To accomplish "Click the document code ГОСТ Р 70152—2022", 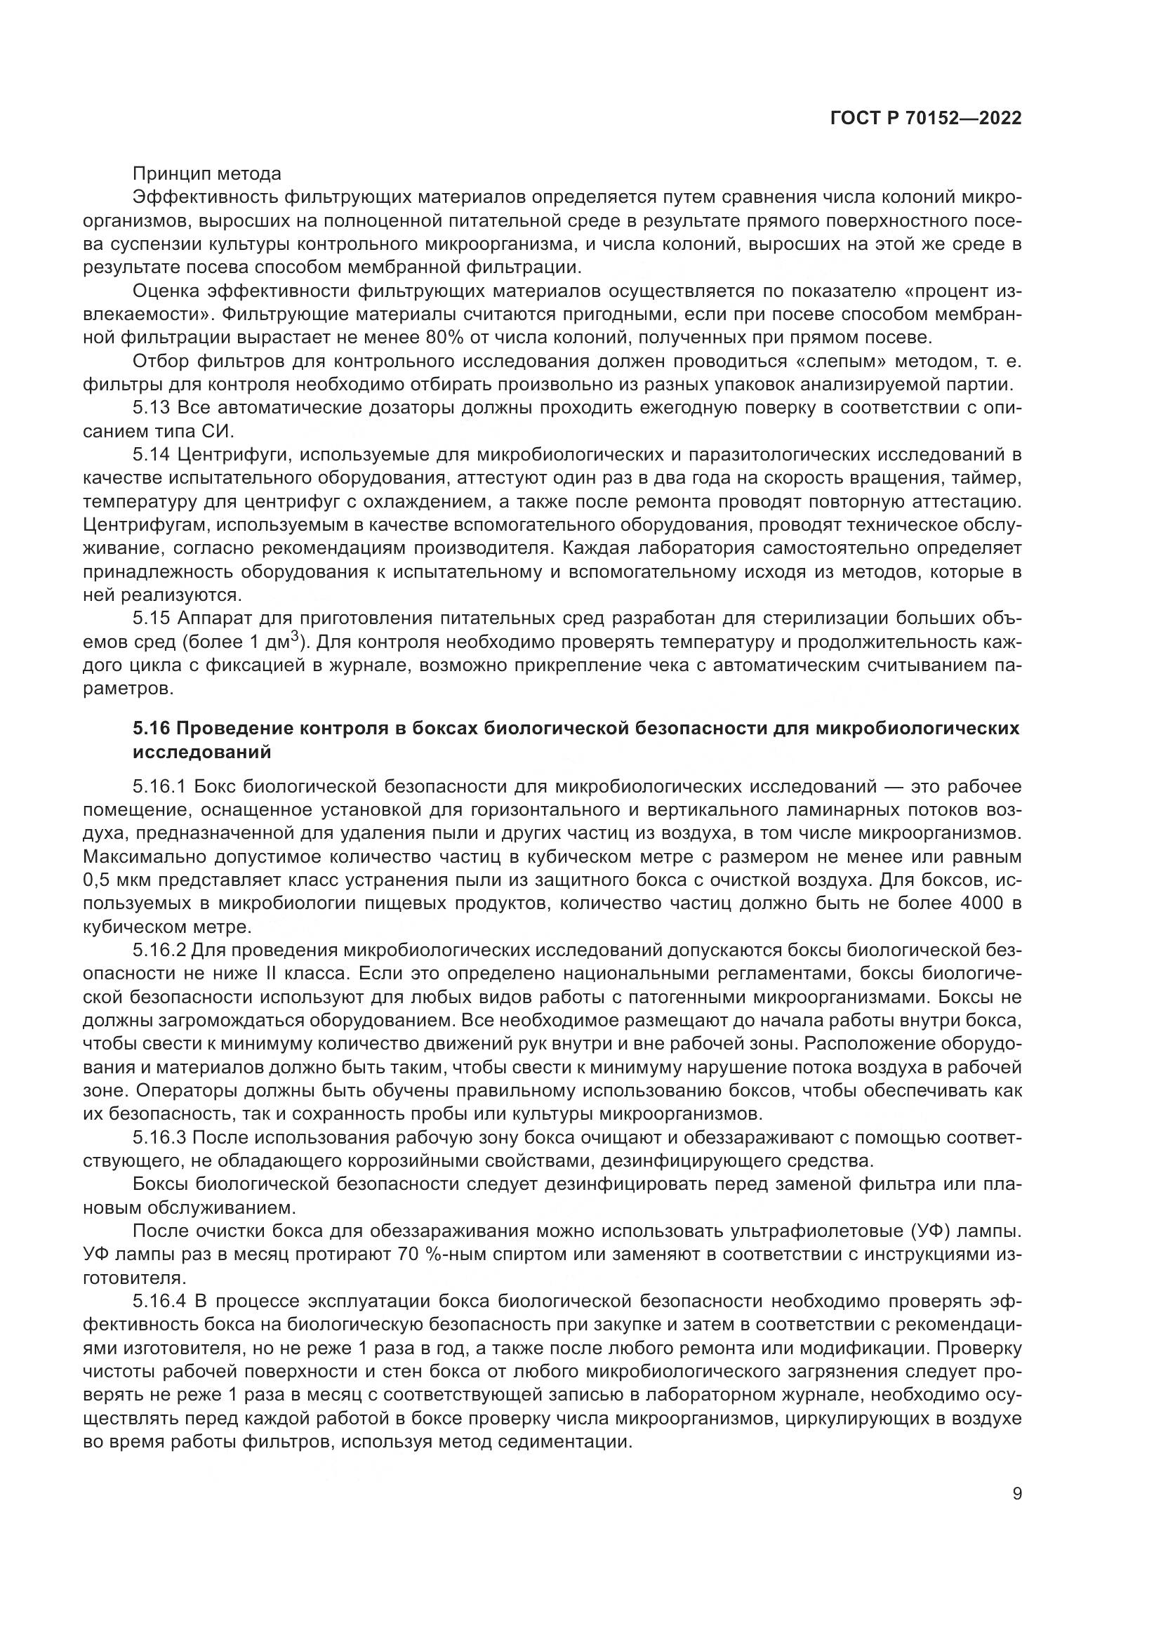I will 926,119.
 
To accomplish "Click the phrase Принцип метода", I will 206,174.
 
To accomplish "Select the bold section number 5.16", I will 151,729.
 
